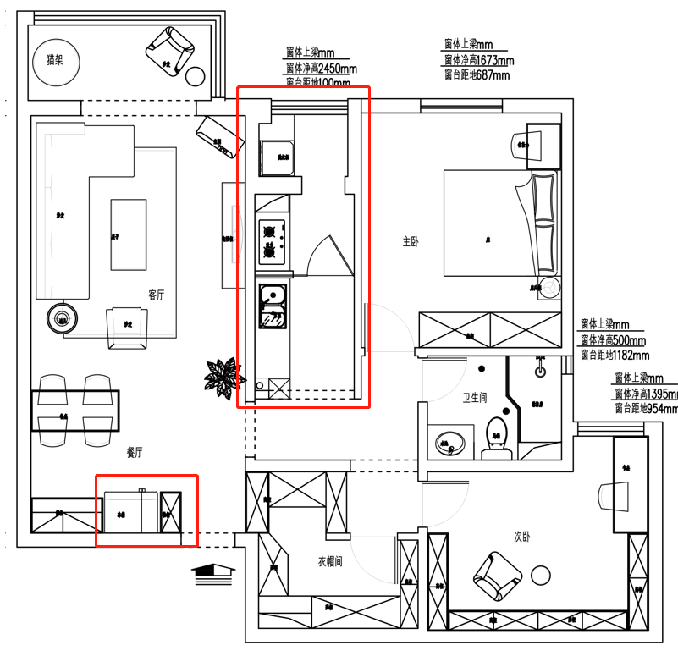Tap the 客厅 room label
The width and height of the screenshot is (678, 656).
(x=156, y=295)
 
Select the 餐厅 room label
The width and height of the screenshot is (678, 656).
(x=134, y=454)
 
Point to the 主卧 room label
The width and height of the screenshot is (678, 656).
(x=411, y=242)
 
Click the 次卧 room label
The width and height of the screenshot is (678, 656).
(x=522, y=537)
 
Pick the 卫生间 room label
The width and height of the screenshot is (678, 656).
(x=474, y=398)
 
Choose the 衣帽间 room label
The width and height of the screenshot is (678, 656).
(x=330, y=560)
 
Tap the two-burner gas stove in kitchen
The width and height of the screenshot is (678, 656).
(x=271, y=240)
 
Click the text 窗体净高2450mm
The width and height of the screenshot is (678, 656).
(x=321, y=69)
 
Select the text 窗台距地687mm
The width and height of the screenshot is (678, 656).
(x=477, y=74)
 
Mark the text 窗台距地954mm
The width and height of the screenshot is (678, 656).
(x=647, y=408)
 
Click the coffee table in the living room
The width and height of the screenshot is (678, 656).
(x=128, y=234)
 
